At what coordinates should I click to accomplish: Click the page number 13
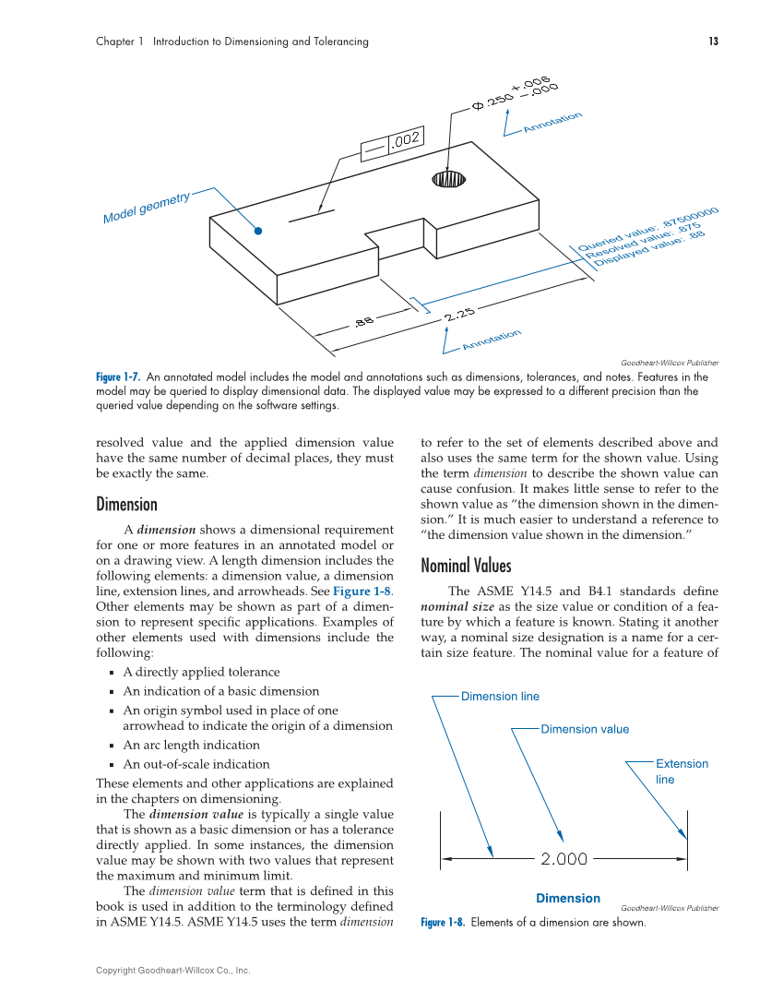pos(713,42)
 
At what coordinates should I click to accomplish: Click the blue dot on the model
pos(259,231)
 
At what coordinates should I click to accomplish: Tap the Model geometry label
pos(146,209)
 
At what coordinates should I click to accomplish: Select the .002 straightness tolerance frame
pos(392,142)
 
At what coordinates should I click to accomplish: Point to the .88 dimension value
pos(363,321)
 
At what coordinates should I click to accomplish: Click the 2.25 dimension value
pos(458,315)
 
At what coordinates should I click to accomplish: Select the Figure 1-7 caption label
pos(118,377)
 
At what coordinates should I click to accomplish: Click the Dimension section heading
pos(126,504)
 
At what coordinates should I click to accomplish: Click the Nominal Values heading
pos(465,565)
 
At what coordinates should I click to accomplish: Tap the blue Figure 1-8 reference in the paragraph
pos(362,591)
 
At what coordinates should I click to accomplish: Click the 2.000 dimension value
pos(564,859)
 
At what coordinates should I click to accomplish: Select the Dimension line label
pos(500,697)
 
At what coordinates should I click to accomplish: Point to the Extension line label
pos(682,770)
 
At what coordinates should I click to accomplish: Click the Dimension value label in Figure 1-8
pos(585,729)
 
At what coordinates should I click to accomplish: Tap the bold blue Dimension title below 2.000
pos(567,898)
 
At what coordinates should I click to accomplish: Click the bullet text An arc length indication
pos(191,745)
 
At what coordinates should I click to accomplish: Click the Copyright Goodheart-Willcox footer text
pos(172,970)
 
